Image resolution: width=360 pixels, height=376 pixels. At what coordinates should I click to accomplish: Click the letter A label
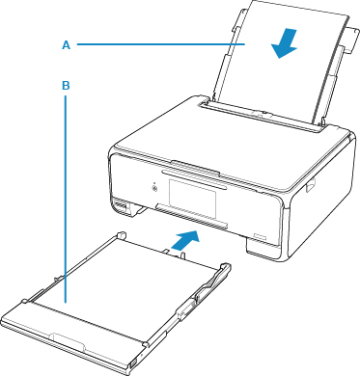pos(66,45)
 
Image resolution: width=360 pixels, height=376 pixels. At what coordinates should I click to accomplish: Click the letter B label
pos(66,86)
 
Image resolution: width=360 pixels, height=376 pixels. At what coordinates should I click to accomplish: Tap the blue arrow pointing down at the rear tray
pos(285,43)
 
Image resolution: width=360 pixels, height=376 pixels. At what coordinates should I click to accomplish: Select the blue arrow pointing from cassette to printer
pos(185,240)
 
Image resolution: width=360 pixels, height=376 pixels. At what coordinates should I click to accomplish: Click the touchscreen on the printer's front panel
pos(192,196)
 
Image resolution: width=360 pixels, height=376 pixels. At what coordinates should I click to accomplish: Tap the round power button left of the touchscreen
pos(153,187)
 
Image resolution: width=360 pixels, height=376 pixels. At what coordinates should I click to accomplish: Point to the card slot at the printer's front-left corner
pos(121,205)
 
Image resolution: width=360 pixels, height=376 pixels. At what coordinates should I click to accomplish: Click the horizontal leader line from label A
pos(161,44)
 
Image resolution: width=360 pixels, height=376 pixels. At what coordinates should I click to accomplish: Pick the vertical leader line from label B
pos(66,199)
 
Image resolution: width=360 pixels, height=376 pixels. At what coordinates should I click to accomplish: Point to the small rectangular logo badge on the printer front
pos(261,236)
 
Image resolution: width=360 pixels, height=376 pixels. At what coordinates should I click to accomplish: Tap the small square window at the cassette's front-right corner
pos(132,363)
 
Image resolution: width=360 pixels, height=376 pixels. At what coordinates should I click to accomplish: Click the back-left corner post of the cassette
pos(121,234)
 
